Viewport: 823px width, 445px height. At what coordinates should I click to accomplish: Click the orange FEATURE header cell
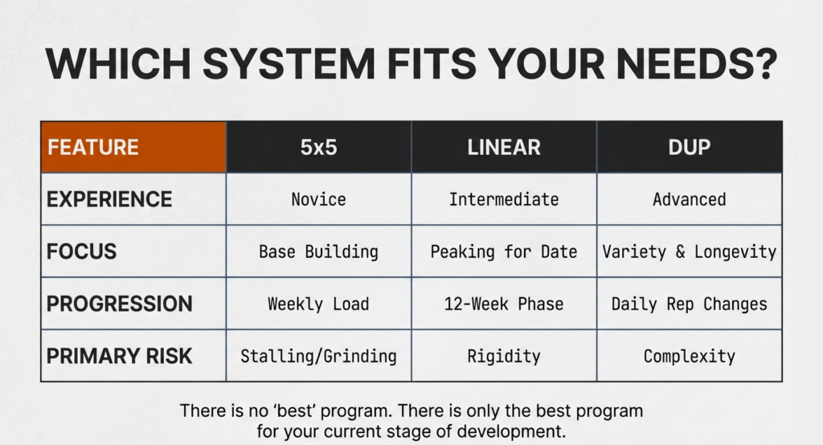133,147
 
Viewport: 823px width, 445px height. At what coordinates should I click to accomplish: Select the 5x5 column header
319,147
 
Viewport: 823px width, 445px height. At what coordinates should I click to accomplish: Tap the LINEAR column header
504,147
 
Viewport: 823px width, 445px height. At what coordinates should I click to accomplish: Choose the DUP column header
689,147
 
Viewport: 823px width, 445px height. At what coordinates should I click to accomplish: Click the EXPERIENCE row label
109,199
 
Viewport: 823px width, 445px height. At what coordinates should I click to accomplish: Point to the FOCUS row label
81,251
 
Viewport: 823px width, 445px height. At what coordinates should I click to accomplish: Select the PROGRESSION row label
119,304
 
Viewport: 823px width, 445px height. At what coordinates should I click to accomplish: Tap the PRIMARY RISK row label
119,356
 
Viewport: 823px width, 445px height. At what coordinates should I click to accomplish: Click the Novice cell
319,199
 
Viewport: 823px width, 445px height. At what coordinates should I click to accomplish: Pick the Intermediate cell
504,199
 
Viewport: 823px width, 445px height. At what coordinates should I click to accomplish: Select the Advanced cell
689,199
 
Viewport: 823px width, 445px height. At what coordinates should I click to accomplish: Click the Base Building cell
319,251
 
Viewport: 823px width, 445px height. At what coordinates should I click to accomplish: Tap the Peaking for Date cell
504,251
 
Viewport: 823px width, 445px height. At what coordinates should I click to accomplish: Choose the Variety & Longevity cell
689,251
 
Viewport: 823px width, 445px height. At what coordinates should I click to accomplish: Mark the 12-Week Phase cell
504,304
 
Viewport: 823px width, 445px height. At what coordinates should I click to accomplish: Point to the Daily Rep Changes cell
689,304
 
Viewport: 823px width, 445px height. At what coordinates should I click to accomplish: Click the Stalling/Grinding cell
319,356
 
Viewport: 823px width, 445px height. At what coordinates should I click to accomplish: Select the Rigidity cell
504,356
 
